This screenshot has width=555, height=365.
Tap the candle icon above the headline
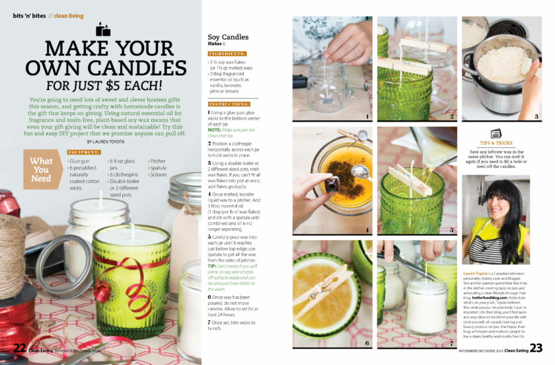pyautogui.click(x=102, y=29)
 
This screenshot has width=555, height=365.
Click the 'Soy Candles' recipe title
pyautogui.click(x=228, y=38)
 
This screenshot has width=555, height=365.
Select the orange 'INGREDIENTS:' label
pyautogui.click(x=227, y=53)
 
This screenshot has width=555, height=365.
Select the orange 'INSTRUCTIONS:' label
pyautogui.click(x=229, y=104)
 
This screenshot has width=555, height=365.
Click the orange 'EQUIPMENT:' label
pyautogui.click(x=84, y=153)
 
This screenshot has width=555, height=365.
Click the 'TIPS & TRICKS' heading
pyautogui.click(x=496, y=143)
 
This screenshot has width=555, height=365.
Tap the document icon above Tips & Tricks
pyautogui.click(x=496, y=133)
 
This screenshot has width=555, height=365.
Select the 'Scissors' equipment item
pyautogui.click(x=159, y=175)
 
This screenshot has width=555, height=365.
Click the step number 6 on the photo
pyautogui.click(x=367, y=343)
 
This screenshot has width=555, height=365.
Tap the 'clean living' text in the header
pyautogui.click(x=69, y=15)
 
